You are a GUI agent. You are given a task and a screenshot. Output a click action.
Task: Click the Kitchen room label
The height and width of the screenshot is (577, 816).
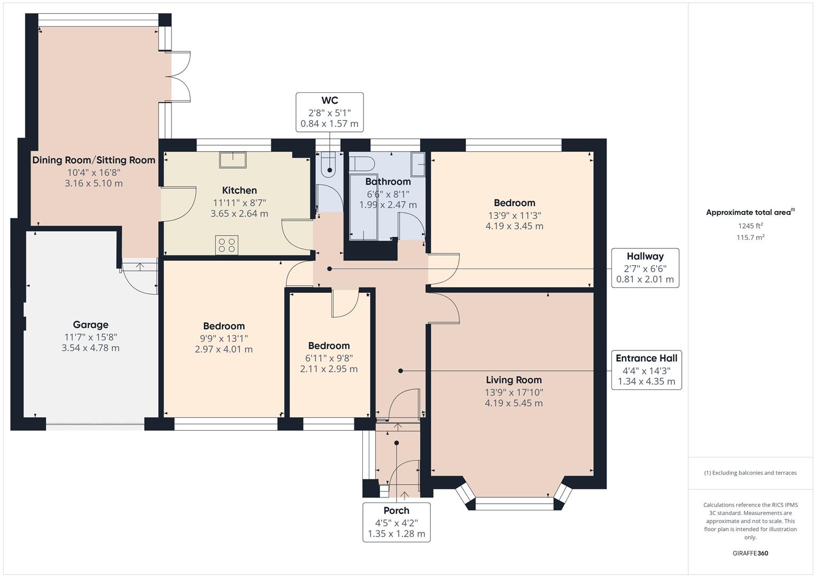tap(239, 190)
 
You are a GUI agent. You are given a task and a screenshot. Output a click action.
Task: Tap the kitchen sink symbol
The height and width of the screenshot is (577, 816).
tap(232, 160)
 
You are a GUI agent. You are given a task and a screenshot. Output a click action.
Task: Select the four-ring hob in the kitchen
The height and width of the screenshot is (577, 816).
tap(226, 245)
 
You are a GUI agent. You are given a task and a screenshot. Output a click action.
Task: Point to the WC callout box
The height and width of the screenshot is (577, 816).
tap(330, 112)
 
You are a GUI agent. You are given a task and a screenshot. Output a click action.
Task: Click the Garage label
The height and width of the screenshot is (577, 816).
tap(90, 324)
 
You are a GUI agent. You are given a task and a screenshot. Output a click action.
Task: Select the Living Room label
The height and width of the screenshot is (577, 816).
tap(514, 380)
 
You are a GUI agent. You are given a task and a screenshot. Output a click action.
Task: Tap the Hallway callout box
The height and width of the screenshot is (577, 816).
tap(645, 268)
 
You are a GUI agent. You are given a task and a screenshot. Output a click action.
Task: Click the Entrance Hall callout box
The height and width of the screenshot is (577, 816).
tap(646, 370)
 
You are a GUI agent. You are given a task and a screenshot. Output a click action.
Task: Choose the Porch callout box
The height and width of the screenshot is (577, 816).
tap(397, 522)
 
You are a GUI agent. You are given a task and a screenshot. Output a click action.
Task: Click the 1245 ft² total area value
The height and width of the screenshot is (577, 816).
tap(750, 225)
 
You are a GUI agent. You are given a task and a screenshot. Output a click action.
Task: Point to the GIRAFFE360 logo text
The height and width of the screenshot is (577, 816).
tap(750, 553)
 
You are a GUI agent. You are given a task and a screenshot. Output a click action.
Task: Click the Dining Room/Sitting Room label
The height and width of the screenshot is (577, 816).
tap(94, 160)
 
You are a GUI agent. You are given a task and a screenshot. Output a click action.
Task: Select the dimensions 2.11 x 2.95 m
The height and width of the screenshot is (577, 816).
tap(329, 369)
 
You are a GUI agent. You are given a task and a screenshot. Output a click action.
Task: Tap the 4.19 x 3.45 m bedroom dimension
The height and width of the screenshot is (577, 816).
tap(514, 226)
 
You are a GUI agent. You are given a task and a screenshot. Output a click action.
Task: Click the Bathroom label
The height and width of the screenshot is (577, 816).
tap(388, 182)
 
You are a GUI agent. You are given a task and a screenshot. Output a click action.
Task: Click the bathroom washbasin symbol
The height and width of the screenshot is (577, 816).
tap(417, 164)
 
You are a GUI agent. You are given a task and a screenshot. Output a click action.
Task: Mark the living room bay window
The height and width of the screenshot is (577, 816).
tap(514, 502)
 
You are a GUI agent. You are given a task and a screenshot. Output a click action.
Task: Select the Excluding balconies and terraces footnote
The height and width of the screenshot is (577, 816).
tap(750, 473)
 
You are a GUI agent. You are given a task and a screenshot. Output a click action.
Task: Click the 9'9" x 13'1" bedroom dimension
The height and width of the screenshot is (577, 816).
tap(223, 338)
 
